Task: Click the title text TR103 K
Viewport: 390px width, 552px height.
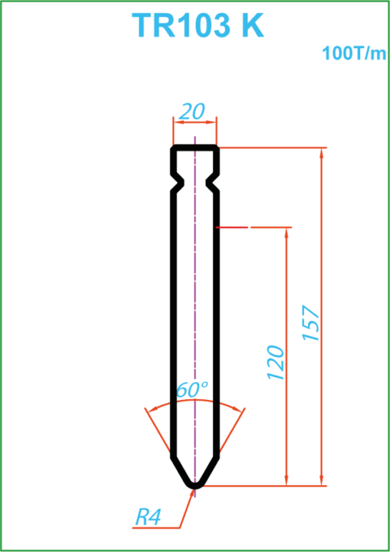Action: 197,26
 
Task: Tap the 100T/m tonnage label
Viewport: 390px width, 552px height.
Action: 353,54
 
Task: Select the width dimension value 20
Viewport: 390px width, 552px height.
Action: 192,111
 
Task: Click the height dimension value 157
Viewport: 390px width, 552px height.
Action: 311,324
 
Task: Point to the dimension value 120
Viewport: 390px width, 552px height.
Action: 276,363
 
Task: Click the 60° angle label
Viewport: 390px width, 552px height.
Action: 192,390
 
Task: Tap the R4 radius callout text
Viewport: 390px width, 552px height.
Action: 148,518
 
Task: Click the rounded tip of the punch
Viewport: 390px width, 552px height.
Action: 195,486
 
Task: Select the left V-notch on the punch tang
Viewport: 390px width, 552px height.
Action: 179,182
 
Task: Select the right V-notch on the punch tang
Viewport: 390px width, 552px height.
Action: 212,182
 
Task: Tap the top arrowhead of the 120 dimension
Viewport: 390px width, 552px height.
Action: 286,233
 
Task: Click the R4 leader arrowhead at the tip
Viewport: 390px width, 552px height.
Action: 192,494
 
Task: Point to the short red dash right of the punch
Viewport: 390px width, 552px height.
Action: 232,228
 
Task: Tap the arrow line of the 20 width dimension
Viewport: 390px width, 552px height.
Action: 195,122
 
